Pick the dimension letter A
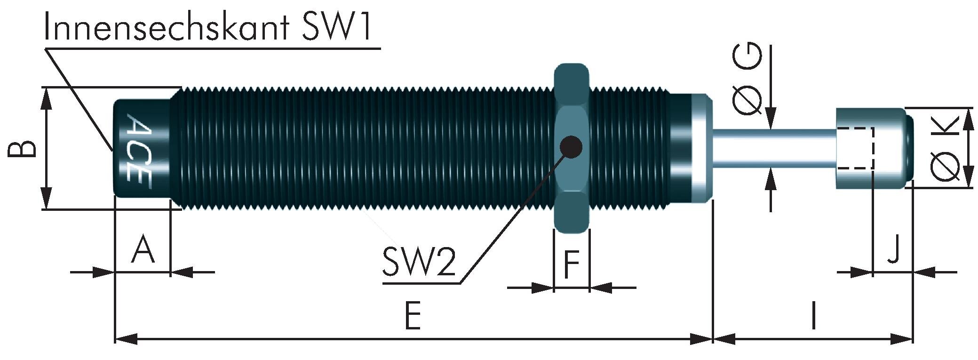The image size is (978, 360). (143, 250)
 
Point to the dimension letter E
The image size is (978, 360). (412, 316)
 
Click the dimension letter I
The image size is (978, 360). (813, 316)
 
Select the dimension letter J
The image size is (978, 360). (893, 250)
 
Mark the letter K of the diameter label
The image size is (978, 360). (946, 127)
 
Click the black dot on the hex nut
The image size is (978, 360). (571, 147)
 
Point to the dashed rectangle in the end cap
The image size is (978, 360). (855, 148)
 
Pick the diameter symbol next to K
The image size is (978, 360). (946, 167)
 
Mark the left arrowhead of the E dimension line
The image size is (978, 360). (126, 338)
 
